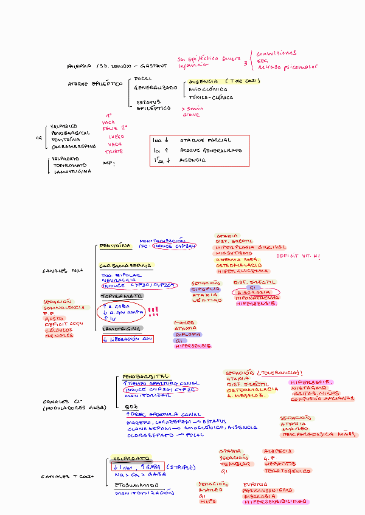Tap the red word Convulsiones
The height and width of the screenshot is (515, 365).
coord(276,53)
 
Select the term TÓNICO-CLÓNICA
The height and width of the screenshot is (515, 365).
coord(211,98)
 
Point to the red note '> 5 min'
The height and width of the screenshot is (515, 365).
coord(192,108)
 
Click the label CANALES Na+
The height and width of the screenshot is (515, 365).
coord(62,270)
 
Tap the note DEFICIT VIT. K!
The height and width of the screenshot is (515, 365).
coord(297,256)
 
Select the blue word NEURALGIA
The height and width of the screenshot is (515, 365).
coord(115,280)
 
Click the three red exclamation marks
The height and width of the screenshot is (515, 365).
coord(153,312)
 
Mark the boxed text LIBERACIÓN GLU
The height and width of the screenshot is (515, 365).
coord(128,339)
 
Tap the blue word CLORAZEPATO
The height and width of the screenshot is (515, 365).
coord(147,435)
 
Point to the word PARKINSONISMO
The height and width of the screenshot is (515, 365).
coord(266,489)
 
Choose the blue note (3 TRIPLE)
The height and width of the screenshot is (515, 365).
coord(181,467)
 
